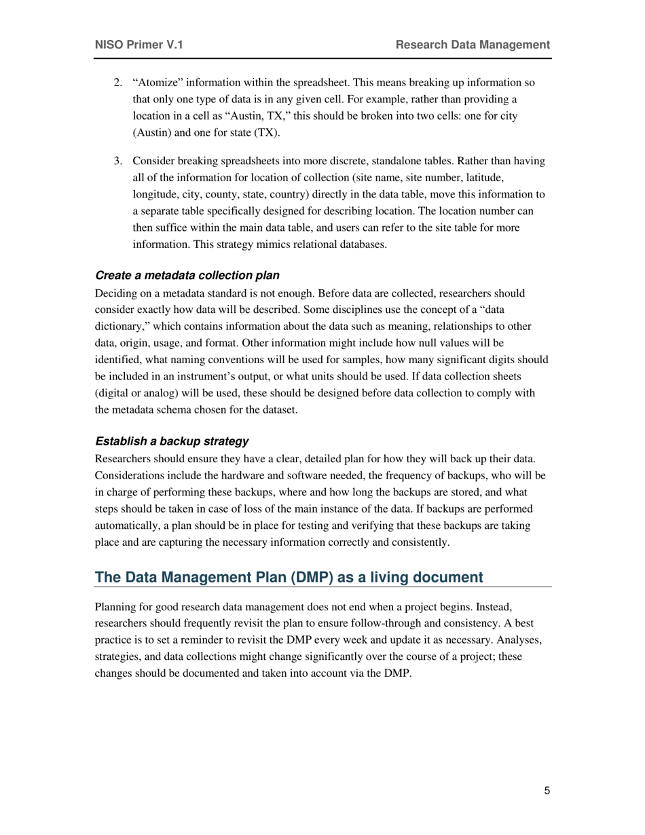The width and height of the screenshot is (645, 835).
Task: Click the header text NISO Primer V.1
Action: [x=139, y=45]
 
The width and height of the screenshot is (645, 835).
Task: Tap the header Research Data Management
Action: [x=473, y=45]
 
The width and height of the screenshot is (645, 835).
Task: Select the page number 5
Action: [x=547, y=791]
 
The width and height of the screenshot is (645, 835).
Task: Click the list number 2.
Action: [x=117, y=83]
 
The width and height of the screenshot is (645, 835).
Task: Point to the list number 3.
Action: [x=117, y=162]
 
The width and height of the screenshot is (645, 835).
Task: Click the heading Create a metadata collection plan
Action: [x=187, y=276]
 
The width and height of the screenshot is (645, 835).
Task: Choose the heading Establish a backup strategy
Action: [x=172, y=441]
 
